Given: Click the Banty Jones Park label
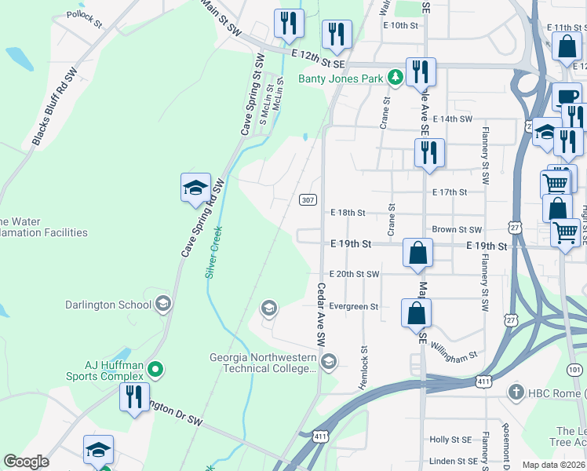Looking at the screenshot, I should pyautogui.click(x=341, y=78).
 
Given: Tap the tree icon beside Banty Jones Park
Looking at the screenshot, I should pyautogui.click(x=396, y=78).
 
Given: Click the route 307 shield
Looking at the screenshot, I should pyautogui.click(x=308, y=200).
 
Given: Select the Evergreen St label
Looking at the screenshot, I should pyautogui.click(x=354, y=306).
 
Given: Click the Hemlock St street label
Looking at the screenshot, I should pyautogui.click(x=364, y=367).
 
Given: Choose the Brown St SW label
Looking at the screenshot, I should pyautogui.click(x=456, y=229).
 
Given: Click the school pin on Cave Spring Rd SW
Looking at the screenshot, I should pyautogui.click(x=195, y=188).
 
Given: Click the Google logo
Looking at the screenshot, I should pyautogui.click(x=27, y=462).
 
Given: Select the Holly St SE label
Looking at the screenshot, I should pyautogui.click(x=450, y=440).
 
